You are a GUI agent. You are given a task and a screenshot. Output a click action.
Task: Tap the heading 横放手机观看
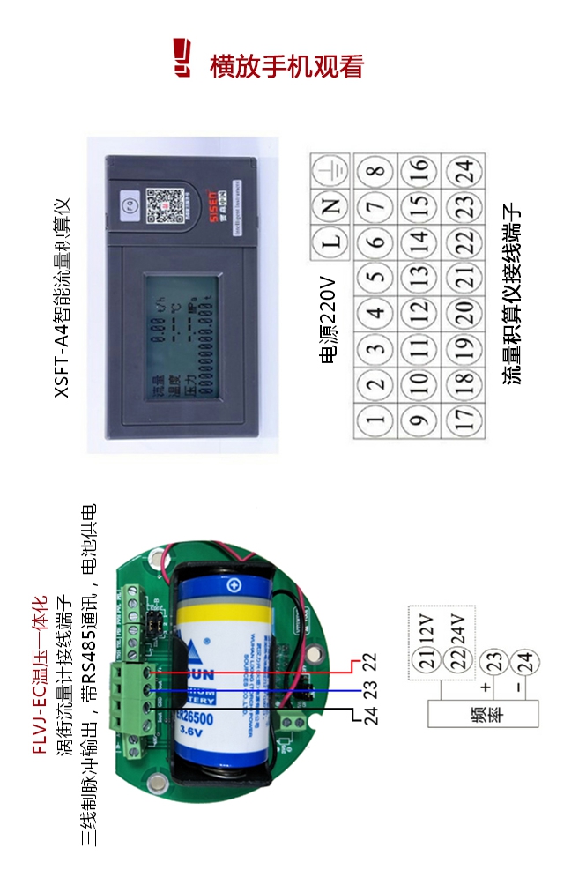[286, 67]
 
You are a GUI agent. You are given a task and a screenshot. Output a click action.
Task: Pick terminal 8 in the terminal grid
[375, 171]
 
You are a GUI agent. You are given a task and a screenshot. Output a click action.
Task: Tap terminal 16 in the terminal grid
[420, 171]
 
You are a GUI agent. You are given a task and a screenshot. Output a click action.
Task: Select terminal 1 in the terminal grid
[375, 418]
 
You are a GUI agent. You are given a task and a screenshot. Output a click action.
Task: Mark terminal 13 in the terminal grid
[420, 277]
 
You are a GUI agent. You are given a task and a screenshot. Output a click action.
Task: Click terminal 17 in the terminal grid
[464, 418]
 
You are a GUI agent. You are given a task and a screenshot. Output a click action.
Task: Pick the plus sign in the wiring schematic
[485, 686]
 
